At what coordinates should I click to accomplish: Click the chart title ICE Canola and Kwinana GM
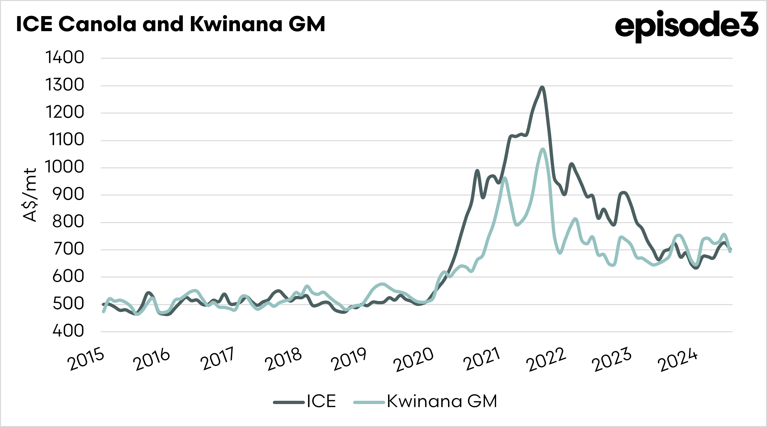pos(170,24)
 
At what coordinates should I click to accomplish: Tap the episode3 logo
pos(686,26)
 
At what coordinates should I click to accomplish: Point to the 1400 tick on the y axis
pos(65,58)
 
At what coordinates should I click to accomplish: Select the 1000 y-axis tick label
pos(65,167)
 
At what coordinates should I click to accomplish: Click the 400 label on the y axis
pos(68,331)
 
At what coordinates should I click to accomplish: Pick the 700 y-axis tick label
pos(68,249)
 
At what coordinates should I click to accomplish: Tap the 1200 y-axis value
pos(65,112)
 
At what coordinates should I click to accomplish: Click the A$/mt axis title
pos(30,195)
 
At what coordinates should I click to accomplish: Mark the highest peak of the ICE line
pos(542,87)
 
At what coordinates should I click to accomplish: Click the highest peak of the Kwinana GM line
pos(543,149)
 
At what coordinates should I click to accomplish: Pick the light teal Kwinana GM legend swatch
pos(369,402)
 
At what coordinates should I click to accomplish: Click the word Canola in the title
pos(97,24)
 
